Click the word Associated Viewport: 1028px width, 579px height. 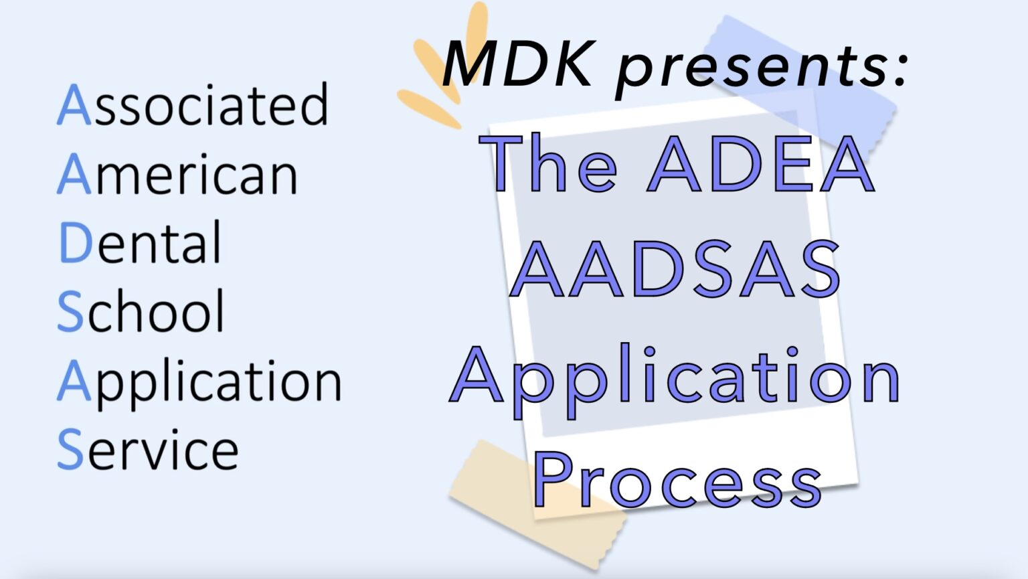tap(193, 105)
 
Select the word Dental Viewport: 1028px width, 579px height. tap(140, 243)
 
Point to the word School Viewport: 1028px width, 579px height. tap(141, 311)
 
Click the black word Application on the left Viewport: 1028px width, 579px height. tap(199, 382)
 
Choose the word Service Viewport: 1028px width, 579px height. tap(148, 450)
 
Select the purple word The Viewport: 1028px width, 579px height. tap(549, 164)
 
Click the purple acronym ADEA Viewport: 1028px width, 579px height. tap(761, 164)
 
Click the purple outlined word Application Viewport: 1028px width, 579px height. tap(676, 378)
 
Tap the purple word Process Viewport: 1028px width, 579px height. tap(677, 479)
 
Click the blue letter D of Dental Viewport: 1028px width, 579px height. tap(75, 243)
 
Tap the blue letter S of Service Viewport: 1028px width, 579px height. tap(70, 450)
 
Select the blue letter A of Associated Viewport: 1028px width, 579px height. tap(74, 105)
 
